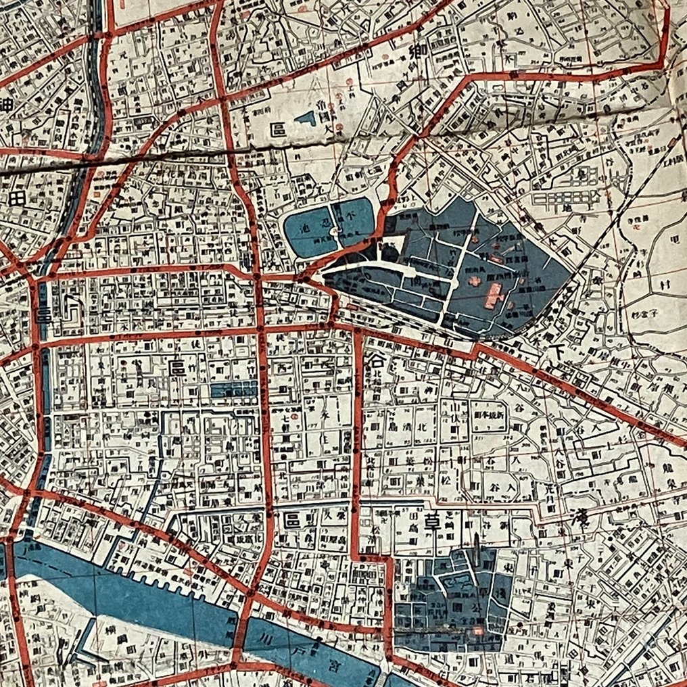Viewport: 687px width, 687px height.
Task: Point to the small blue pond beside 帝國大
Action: (x=306, y=119)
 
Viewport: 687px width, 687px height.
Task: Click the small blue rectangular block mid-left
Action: (x=234, y=389)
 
